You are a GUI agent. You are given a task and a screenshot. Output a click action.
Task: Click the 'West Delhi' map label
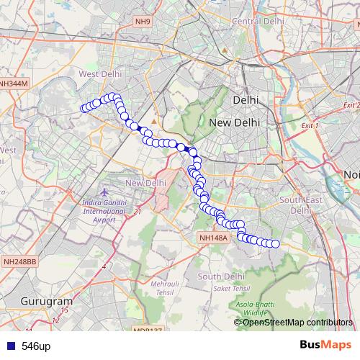[x=98, y=74]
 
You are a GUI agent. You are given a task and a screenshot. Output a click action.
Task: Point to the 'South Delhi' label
[x=218, y=276]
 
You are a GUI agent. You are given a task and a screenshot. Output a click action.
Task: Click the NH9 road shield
[x=143, y=22]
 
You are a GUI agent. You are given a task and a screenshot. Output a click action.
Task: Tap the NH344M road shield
[x=14, y=84]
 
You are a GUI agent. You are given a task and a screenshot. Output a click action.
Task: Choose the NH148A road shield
[x=213, y=237]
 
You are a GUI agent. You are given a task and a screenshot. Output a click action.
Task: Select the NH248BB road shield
[x=19, y=261]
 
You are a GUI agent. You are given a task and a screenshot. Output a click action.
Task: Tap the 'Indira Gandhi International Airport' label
[x=105, y=211]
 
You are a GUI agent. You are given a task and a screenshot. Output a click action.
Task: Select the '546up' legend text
[x=36, y=346]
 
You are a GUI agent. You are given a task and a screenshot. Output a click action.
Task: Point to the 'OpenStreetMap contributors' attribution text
[x=297, y=322]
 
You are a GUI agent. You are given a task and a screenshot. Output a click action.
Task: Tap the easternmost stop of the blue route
[x=275, y=244]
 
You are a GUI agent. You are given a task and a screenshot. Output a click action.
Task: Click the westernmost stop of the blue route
[x=84, y=109]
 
